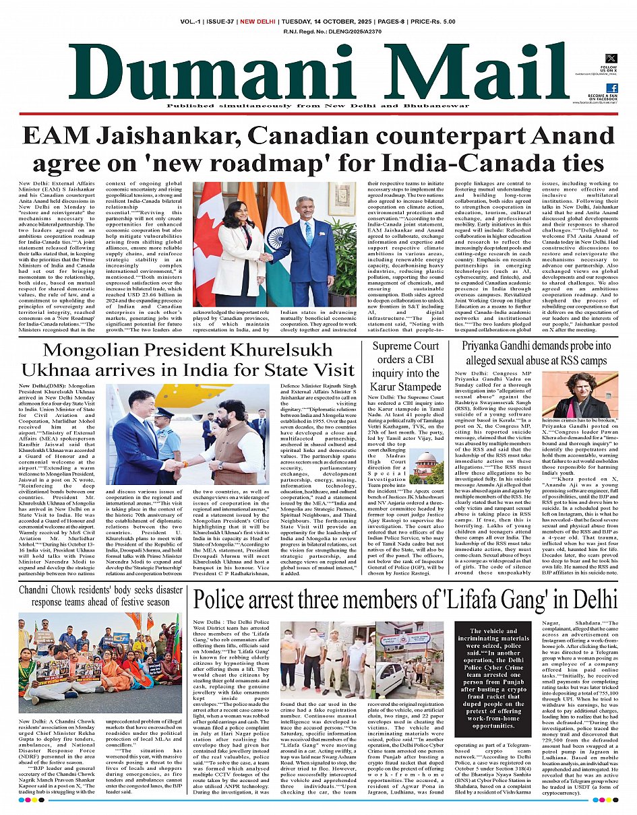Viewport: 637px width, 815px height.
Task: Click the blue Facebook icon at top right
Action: point(611,88)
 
